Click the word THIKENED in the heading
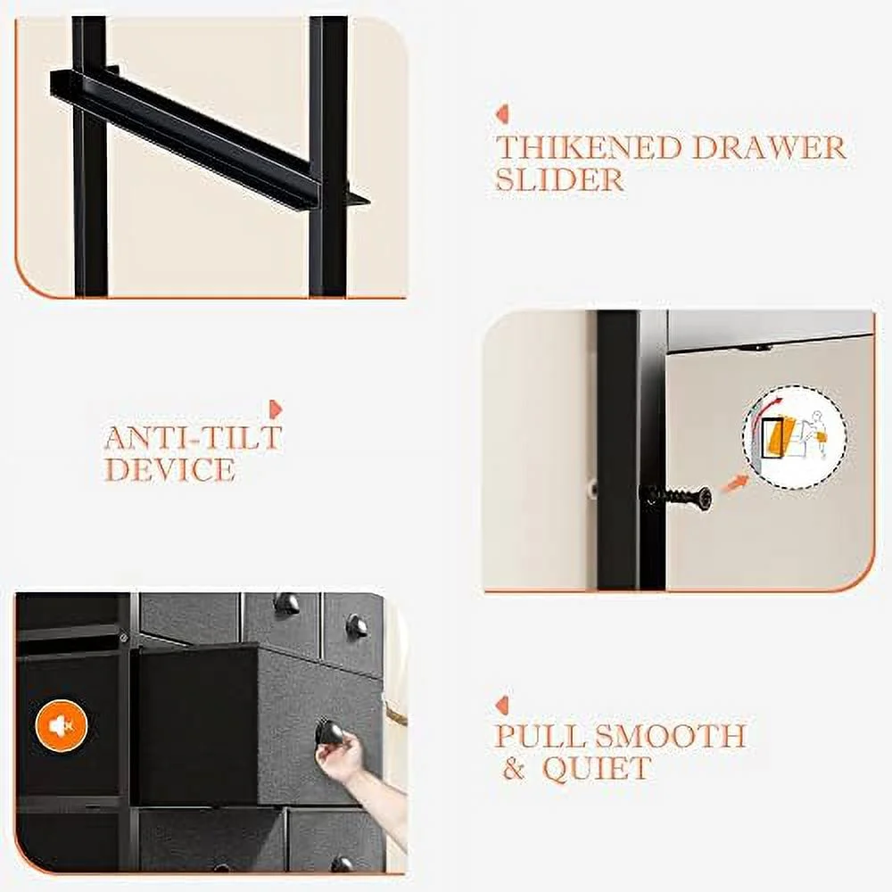(589, 147)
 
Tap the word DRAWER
(769, 147)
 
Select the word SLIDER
(560, 180)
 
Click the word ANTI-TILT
(194, 437)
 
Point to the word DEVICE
(169, 470)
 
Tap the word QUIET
(597, 769)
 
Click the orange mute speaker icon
(62, 726)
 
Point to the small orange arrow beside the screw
(736, 483)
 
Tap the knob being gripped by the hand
(329, 732)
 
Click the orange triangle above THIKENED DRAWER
(501, 114)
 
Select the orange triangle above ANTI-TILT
(276, 409)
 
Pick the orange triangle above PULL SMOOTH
(501, 706)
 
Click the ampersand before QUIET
(515, 769)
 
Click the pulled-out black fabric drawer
(256, 723)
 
